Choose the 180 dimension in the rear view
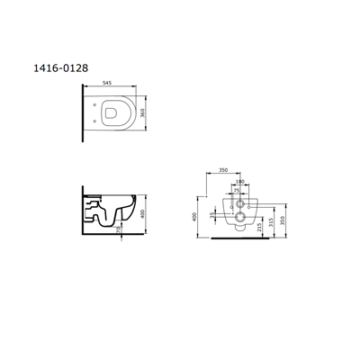pyautogui.click(x=238, y=182)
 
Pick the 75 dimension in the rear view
pyautogui.click(x=237, y=191)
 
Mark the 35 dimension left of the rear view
pyautogui.click(x=213, y=216)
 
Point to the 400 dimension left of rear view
pyautogui.click(x=195, y=216)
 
